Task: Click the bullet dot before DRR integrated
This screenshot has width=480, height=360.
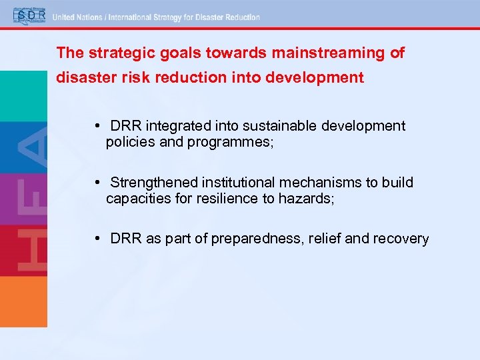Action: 97,126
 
